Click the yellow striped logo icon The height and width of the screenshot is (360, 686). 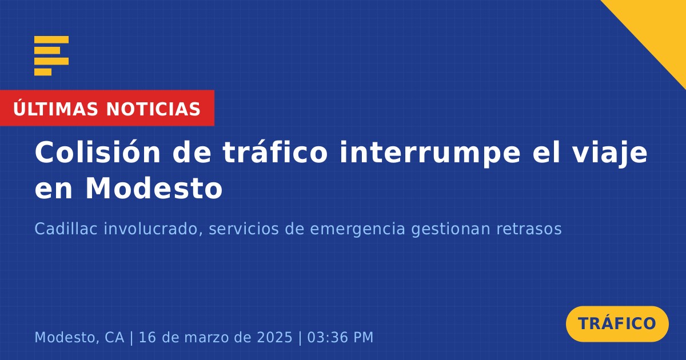[51, 56]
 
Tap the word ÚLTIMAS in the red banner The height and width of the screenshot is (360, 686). [55, 109]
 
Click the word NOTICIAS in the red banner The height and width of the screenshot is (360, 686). [153, 109]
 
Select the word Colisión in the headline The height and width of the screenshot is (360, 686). [97, 152]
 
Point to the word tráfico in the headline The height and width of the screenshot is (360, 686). [275, 152]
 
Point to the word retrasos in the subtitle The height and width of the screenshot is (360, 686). [529, 229]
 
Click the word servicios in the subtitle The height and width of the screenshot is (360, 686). [244, 229]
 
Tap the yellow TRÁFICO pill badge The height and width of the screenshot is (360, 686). [617, 324]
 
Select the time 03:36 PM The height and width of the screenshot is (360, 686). [340, 337]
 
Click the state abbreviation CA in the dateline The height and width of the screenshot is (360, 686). [114, 337]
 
